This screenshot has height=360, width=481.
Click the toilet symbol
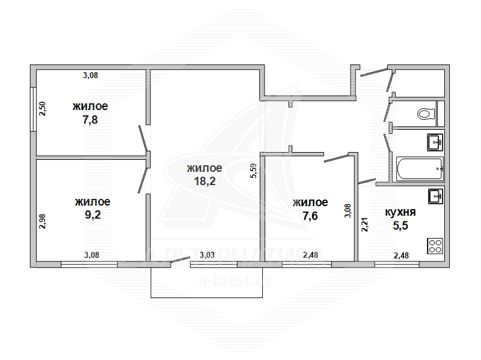(426, 114)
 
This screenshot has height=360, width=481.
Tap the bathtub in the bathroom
(420, 169)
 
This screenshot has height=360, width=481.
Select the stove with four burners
(435, 246)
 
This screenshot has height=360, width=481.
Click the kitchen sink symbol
(435, 197)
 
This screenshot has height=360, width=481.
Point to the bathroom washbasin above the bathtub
(435, 142)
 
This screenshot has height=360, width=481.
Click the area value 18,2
(204, 181)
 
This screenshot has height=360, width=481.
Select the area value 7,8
(90, 119)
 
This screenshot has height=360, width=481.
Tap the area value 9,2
(93, 215)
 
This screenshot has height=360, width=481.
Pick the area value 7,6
(310, 216)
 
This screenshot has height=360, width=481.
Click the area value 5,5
(400, 226)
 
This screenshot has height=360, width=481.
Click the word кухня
(400, 212)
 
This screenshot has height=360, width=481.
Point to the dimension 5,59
(254, 171)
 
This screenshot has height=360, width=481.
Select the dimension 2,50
(42, 109)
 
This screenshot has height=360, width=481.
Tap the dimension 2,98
(42, 221)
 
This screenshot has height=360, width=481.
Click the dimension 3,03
(207, 255)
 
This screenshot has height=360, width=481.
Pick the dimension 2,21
(364, 224)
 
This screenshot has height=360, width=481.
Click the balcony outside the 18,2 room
(206, 282)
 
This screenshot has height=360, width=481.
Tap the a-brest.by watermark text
(236, 281)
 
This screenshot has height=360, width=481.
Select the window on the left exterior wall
(33, 109)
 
